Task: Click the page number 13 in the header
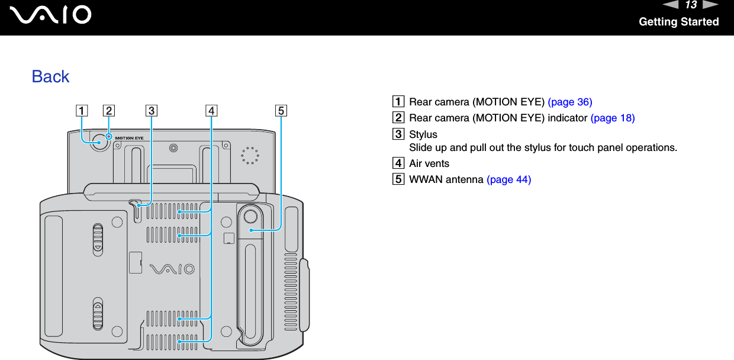coord(690,5)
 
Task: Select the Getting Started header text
coord(678,22)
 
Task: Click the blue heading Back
coord(50,76)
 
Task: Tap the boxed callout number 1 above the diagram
coord(79,110)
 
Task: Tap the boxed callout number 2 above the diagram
coord(108,110)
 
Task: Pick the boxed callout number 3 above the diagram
coord(152,110)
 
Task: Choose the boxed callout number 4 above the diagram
coord(211,110)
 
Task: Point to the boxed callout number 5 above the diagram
coord(281,110)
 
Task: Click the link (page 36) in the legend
coord(569,102)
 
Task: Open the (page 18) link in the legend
coord(613,118)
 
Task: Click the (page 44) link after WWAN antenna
coord(508,179)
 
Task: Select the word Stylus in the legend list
coord(423,135)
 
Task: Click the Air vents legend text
coord(429,163)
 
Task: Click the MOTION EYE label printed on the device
coord(130,137)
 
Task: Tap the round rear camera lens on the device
coord(99,143)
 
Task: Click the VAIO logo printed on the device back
coord(172,269)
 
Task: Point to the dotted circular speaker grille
coord(250,155)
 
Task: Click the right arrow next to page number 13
coord(710,5)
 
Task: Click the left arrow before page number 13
coord(672,5)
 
